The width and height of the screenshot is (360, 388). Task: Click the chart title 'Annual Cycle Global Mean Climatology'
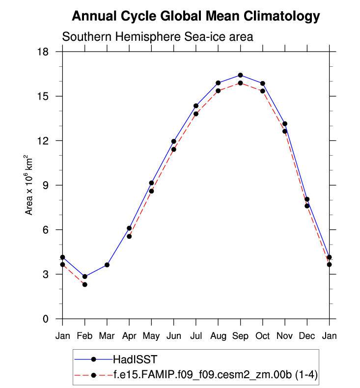[196, 16]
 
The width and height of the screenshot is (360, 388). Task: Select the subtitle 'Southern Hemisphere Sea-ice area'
[157, 37]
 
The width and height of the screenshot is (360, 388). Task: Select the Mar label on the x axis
[107, 336]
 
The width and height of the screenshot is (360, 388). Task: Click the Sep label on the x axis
[240, 336]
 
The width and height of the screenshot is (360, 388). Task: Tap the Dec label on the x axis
[307, 336]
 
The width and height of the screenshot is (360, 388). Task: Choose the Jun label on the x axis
[173, 336]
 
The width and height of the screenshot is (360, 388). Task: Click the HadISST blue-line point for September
[240, 75]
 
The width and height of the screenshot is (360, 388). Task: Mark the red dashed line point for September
[240, 83]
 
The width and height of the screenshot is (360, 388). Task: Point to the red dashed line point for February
[85, 284]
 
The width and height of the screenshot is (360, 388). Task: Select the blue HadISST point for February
[85, 277]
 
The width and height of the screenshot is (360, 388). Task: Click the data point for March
[107, 265]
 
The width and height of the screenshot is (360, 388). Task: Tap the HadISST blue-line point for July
[196, 106]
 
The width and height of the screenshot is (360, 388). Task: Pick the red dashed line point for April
[129, 236]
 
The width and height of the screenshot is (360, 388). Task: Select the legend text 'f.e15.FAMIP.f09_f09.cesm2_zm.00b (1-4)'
[216, 375]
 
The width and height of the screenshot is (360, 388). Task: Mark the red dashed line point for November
[285, 131]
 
